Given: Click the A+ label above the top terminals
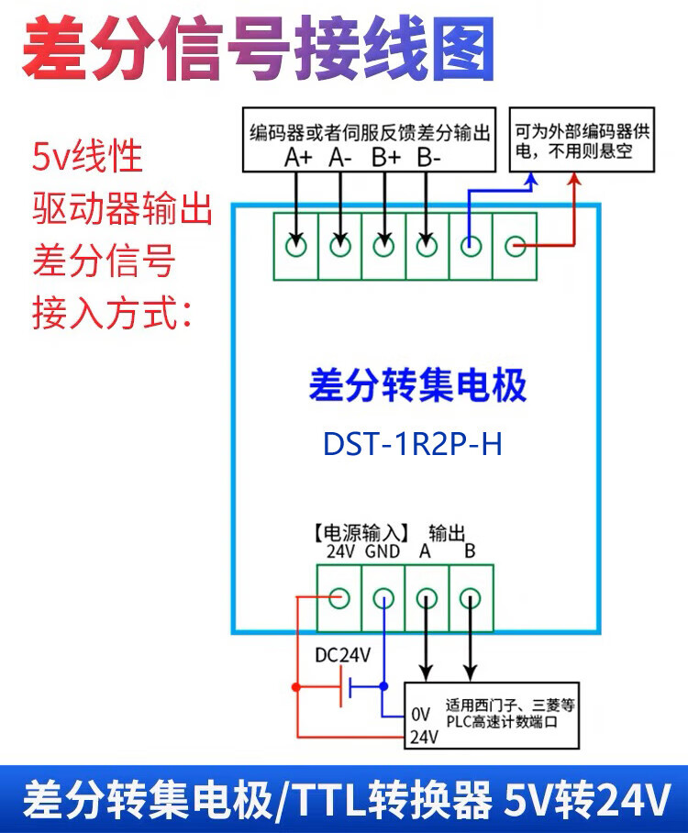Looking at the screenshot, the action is pyautogui.click(x=299, y=158).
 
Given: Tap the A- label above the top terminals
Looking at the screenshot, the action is pyautogui.click(x=341, y=158).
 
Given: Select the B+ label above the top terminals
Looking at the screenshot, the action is pyautogui.click(x=386, y=158).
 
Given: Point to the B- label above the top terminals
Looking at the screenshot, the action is pyautogui.click(x=428, y=158).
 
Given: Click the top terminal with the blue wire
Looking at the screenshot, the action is pyautogui.click(x=471, y=246).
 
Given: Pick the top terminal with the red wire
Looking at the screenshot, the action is pyautogui.click(x=516, y=246).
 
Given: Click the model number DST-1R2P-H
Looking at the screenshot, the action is pyautogui.click(x=413, y=444).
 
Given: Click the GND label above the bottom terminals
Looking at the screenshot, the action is pyautogui.click(x=383, y=552).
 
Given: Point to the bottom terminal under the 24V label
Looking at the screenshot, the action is pyautogui.click(x=339, y=599).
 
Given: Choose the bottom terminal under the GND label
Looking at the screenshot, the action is pyautogui.click(x=383, y=599).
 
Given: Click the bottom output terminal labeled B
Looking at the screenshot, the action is pyautogui.click(x=470, y=599).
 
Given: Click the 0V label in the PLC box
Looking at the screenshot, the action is pyautogui.click(x=420, y=714).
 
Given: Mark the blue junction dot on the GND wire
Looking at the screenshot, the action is pyautogui.click(x=383, y=685).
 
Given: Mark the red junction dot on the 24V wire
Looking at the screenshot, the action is pyautogui.click(x=295, y=686).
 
